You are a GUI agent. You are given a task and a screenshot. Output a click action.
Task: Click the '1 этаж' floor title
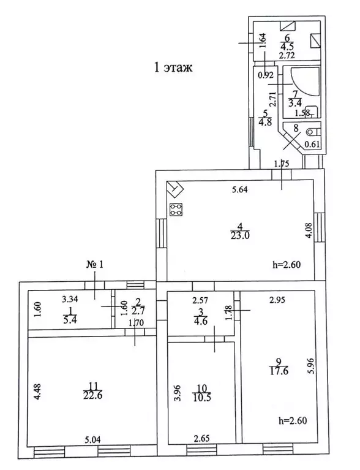point(173,67)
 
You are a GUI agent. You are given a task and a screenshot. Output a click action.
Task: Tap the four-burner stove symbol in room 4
point(176,210)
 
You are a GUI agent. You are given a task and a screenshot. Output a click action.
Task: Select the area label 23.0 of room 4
point(240,235)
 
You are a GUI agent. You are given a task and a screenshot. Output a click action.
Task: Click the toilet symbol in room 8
point(313,131)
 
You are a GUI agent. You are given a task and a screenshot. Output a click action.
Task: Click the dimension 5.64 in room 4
point(239,189)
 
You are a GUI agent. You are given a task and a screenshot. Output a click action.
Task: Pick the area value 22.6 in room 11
point(93,395)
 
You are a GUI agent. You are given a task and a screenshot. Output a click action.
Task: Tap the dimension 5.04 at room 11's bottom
point(92,440)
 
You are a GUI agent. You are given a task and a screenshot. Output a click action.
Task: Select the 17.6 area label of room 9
point(279,371)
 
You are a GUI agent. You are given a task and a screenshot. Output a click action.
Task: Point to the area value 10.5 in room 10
point(202,398)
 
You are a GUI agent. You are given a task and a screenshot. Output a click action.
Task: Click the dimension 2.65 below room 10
point(201,439)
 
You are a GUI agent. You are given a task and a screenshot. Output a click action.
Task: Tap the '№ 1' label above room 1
point(95,265)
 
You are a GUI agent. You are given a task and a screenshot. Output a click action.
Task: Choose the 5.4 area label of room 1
point(70,319)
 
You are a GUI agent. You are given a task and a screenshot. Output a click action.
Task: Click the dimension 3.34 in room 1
point(70,299)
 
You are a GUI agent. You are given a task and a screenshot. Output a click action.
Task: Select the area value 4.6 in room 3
point(201,321)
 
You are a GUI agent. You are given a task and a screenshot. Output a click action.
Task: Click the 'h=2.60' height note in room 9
point(293,420)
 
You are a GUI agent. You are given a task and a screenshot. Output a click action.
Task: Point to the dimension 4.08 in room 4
point(309,230)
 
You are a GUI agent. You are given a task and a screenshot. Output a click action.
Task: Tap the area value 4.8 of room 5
point(264,122)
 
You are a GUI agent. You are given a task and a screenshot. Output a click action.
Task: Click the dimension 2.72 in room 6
point(287,55)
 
